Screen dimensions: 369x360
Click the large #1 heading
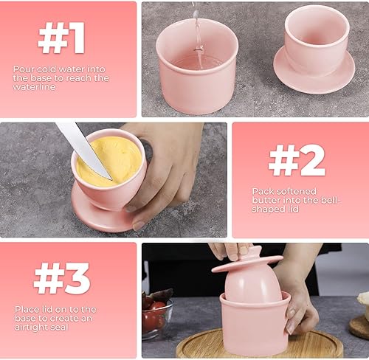(x=61, y=38)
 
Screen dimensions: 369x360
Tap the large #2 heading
(x=297, y=160)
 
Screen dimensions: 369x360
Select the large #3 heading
(x=62, y=278)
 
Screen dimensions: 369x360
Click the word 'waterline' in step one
(x=34, y=87)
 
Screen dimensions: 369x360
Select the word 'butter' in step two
(x=266, y=201)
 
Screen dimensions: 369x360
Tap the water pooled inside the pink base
(x=197, y=63)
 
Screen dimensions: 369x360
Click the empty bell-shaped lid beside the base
(x=314, y=49)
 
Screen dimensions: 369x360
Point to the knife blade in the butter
(x=83, y=150)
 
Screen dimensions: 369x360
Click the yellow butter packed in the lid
(x=109, y=161)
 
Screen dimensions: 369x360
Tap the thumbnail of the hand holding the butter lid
(x=139, y=225)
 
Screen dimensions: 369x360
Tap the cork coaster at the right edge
(x=359, y=327)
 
